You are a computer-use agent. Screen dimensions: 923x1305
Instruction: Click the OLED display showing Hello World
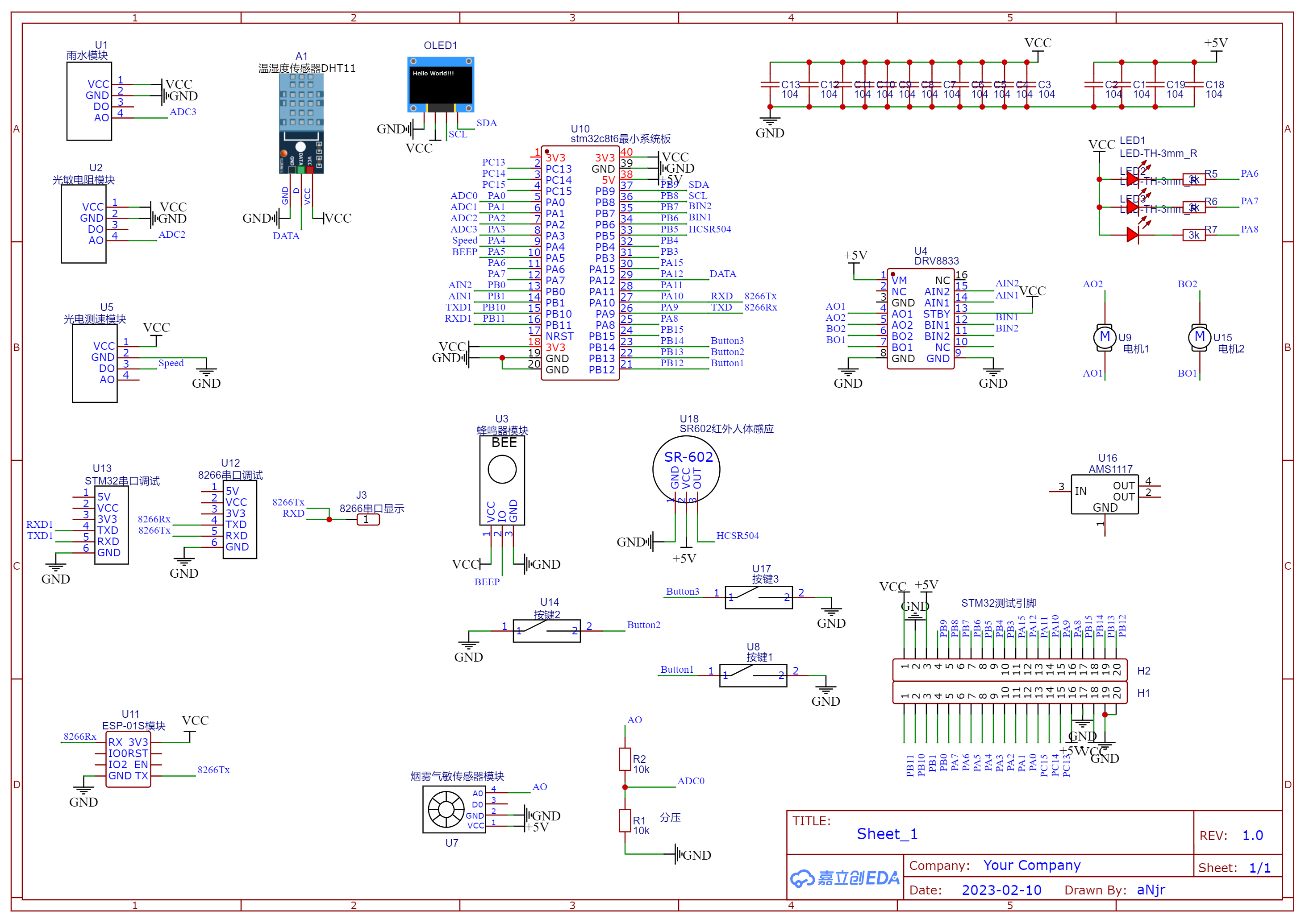(441, 84)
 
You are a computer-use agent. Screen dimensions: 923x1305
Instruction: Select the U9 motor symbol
(1104, 337)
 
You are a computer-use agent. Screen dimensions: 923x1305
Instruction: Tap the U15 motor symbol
(1199, 337)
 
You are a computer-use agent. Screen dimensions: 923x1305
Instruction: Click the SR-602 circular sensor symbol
(686, 469)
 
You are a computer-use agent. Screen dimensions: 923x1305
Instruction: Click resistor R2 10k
(625, 759)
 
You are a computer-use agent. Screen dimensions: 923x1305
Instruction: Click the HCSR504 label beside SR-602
(737, 536)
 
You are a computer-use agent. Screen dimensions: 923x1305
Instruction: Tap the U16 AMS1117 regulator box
(1104, 494)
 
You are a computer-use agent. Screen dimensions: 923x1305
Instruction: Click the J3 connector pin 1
(368, 519)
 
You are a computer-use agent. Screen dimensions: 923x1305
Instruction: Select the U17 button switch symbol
(758, 597)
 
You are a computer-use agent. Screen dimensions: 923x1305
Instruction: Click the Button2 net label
(643, 625)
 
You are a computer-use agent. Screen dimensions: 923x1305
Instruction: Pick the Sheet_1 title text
(887, 834)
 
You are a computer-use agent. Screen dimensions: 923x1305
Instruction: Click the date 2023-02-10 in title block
(1001, 890)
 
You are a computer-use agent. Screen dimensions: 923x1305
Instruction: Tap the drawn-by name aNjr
(1151, 890)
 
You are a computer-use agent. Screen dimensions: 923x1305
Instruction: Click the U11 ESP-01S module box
(128, 759)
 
